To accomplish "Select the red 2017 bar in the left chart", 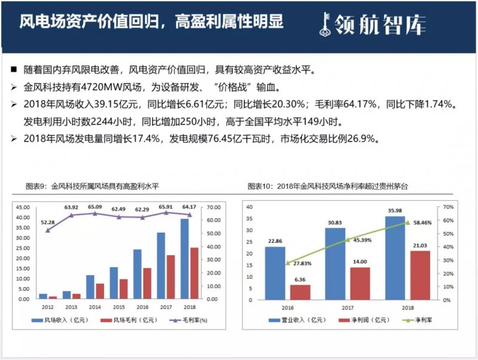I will tap(170, 276).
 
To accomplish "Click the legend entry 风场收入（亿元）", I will tap(60, 321).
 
